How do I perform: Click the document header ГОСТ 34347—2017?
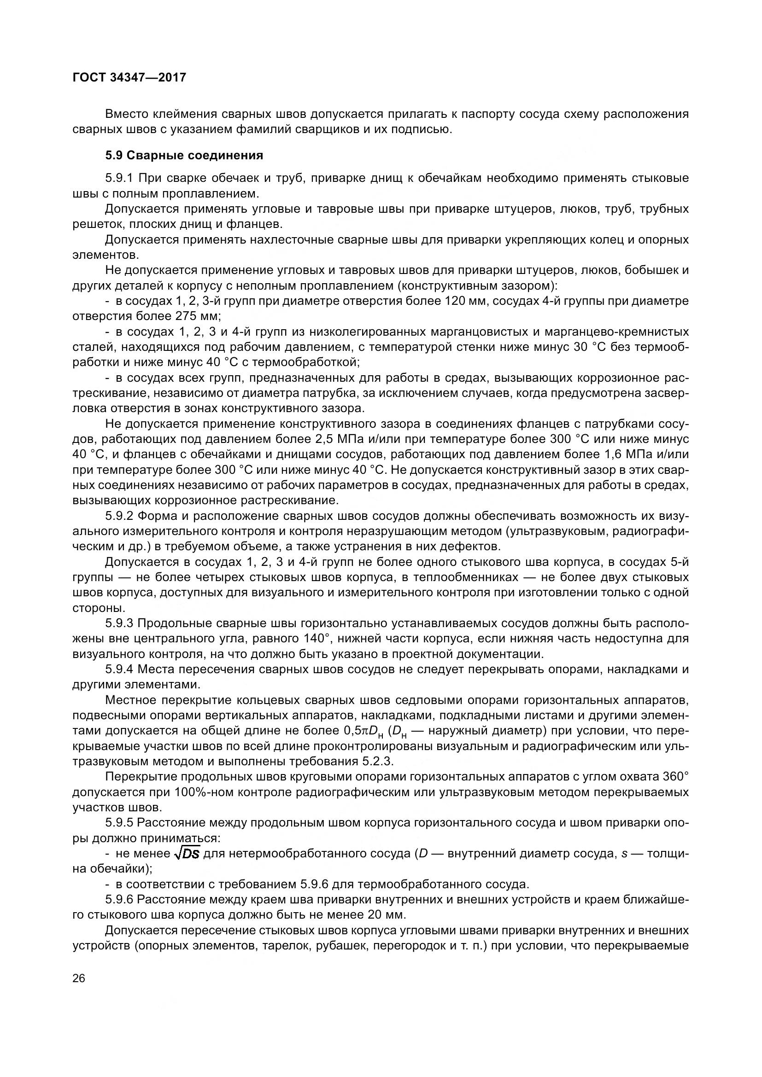129,77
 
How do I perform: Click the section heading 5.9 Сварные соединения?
184,155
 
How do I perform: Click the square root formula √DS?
186,854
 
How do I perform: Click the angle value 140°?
316,639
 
